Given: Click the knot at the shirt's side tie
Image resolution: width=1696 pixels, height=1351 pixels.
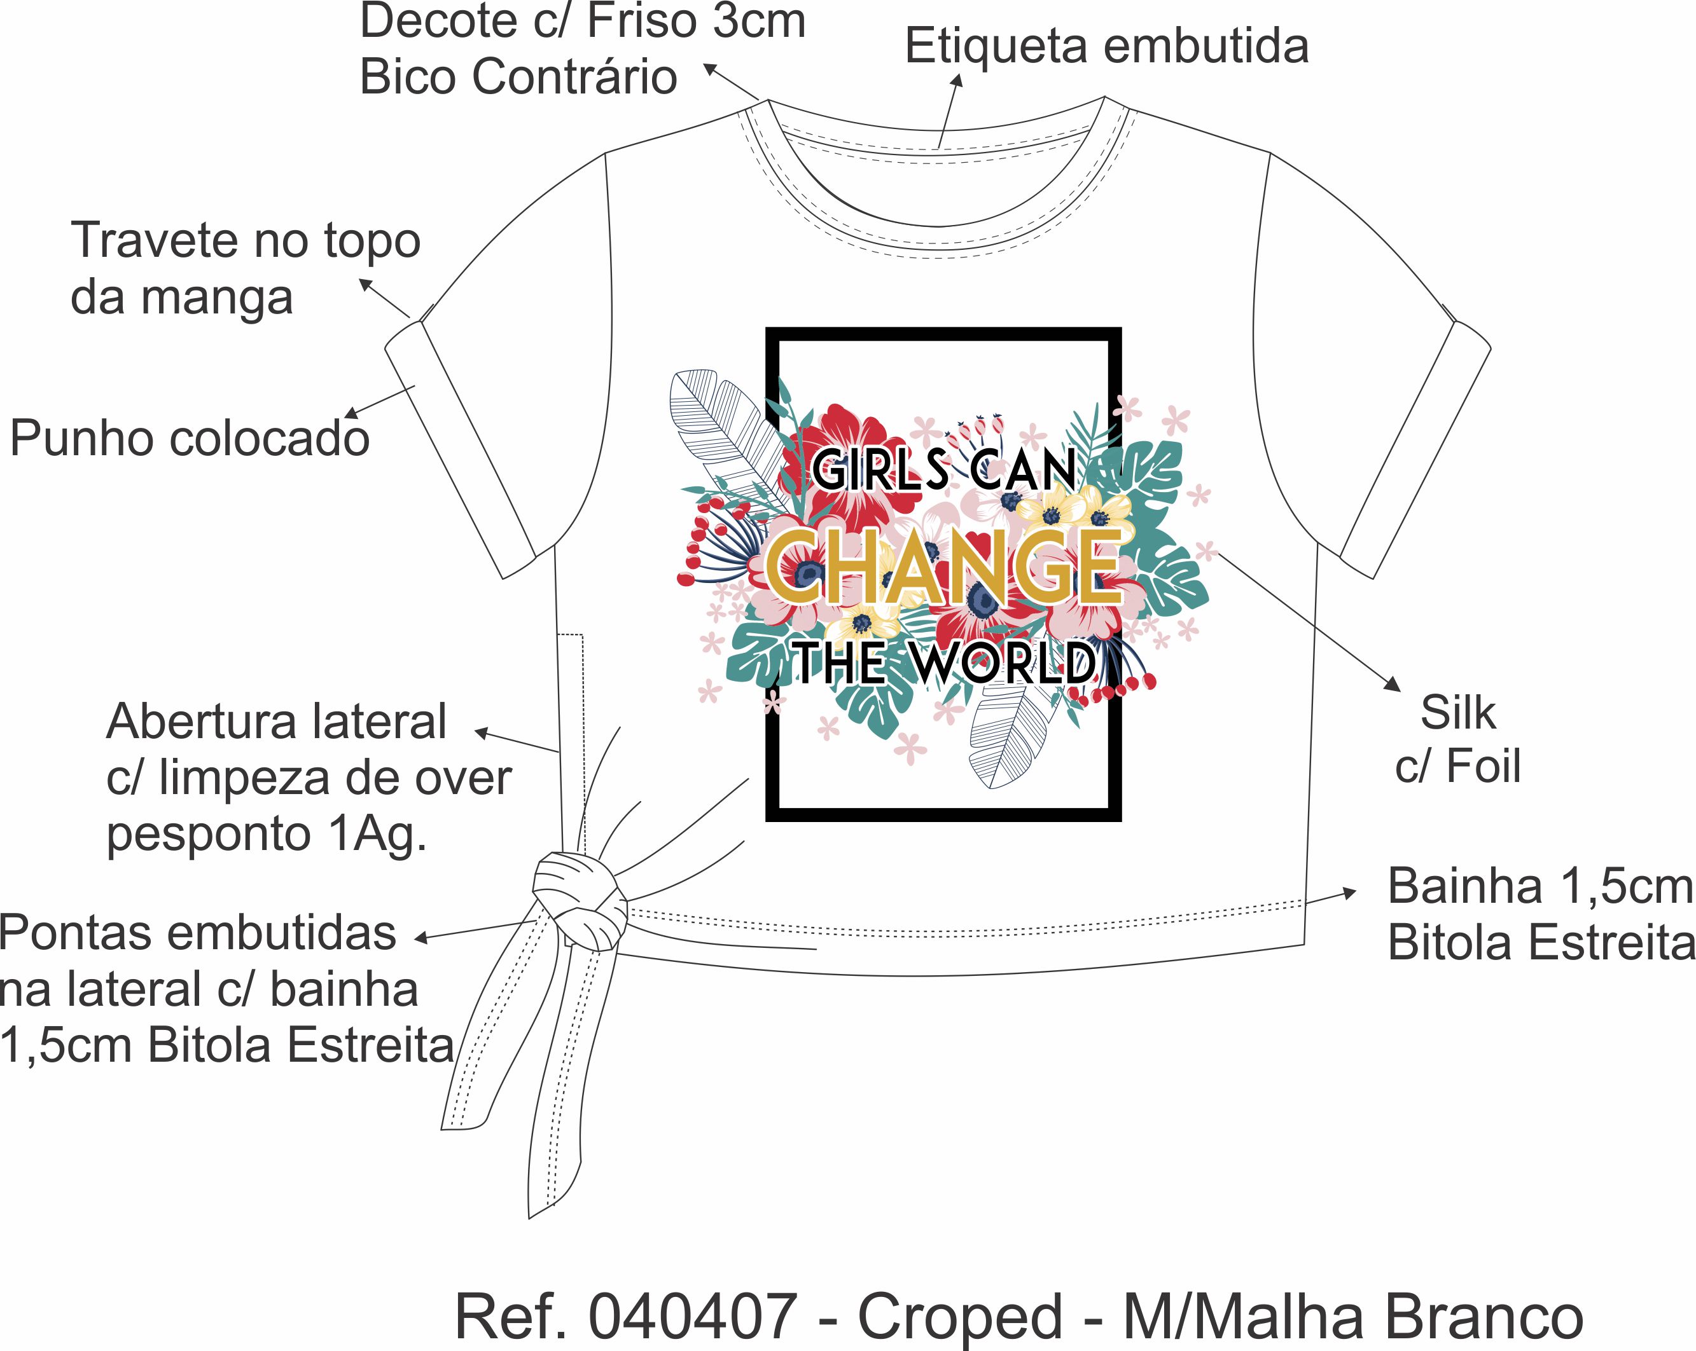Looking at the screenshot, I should click(x=581, y=904).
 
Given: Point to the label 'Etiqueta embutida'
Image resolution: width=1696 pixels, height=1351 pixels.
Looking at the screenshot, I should click(x=1106, y=46).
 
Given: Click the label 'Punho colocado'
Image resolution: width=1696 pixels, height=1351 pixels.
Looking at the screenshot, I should click(x=189, y=438).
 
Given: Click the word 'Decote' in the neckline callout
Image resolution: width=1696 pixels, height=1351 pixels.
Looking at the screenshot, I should click(x=439, y=21).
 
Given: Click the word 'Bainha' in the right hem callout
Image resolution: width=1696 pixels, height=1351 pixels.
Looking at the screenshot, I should click(x=1464, y=886).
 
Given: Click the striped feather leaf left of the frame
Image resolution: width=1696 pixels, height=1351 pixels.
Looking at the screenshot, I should click(x=719, y=425).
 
